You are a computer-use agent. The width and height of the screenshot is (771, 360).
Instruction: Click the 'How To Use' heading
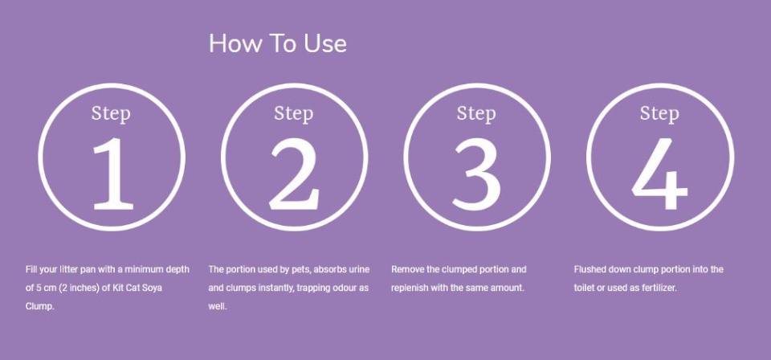(x=278, y=43)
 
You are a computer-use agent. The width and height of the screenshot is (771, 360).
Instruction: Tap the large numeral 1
(x=112, y=174)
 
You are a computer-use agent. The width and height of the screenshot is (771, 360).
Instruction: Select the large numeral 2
(x=294, y=174)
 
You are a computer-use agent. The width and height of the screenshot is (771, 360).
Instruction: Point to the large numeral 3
(x=476, y=174)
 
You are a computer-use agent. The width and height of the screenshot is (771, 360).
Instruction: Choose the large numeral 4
(x=659, y=174)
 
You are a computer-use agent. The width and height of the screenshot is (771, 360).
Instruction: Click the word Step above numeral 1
(x=111, y=113)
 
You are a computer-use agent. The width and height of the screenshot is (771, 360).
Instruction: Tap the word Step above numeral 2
(x=294, y=113)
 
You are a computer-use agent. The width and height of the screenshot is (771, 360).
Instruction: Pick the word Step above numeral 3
(x=476, y=113)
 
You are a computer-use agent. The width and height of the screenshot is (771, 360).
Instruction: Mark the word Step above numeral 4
(x=659, y=113)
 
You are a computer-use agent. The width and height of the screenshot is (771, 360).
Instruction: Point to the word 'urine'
(x=358, y=269)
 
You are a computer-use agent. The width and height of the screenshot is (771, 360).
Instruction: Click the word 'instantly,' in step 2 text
(x=275, y=288)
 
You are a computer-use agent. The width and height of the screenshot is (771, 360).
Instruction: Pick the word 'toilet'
(x=583, y=288)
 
